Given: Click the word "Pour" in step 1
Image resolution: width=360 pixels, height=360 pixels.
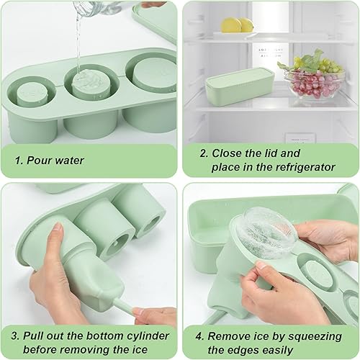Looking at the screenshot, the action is [38, 161].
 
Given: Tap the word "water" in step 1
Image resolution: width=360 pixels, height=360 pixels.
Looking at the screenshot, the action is [69, 161].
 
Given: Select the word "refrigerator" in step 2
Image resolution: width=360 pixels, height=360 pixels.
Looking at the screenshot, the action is [305, 167].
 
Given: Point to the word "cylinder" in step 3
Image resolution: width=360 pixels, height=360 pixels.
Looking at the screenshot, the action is [148, 336].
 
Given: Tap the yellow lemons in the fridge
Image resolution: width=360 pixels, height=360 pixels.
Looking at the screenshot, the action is [237, 25].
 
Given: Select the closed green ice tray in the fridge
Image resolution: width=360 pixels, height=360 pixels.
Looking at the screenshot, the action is [240, 86].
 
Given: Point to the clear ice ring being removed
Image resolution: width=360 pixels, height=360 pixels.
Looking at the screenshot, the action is [265, 233].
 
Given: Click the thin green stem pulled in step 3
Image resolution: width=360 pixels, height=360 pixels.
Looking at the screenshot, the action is [125, 307].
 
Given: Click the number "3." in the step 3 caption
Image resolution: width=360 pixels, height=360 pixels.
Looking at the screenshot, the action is [15, 336].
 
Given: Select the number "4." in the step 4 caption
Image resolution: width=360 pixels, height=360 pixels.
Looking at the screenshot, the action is [199, 336].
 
